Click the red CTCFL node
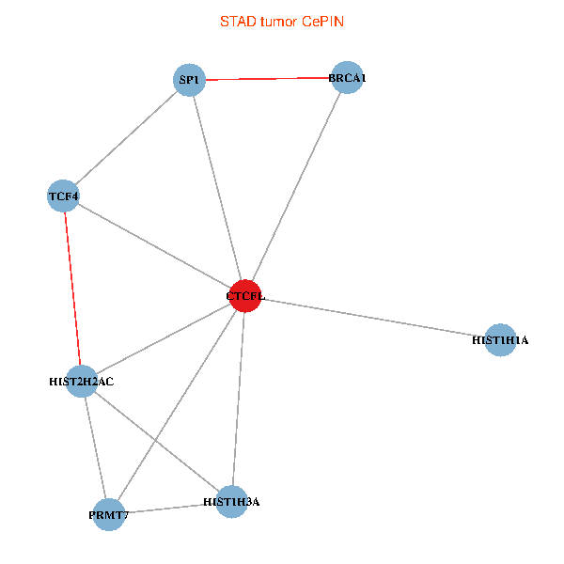coord(244,296)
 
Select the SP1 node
coord(190,80)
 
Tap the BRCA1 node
coord(346,78)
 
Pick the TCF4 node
coord(63,196)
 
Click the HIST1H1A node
coord(501,339)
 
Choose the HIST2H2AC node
coord(82,382)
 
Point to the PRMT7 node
coord(109,514)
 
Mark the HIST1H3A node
coord(231,502)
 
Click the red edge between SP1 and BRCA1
coord(268,79)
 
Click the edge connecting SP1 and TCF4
coord(127,138)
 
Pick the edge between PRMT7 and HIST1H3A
coord(170,509)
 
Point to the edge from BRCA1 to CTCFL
coord(295,187)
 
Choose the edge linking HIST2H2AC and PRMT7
coord(95,447)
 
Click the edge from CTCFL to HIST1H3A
coord(238,399)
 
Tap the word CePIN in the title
coord(322,22)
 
